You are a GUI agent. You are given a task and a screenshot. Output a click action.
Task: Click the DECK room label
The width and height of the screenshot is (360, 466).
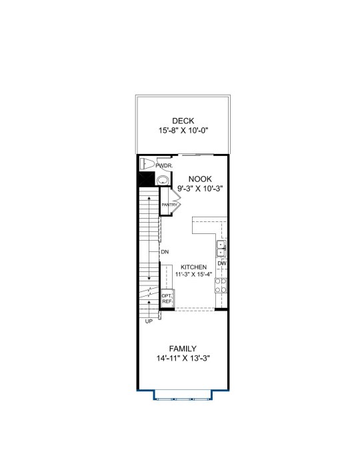tap(183, 121)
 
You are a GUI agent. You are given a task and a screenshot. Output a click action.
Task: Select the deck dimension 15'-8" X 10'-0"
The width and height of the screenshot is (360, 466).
tap(183, 131)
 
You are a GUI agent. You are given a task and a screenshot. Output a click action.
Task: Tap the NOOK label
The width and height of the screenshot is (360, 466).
tap(200, 179)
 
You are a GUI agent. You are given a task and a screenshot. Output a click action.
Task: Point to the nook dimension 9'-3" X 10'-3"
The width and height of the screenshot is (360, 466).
tap(200, 189)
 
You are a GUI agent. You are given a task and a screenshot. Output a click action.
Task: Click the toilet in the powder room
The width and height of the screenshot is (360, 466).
tap(147, 163)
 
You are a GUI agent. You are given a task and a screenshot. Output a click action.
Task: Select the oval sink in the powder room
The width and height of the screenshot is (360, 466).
tap(162, 180)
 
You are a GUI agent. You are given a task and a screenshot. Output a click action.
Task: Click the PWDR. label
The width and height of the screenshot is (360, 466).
tap(164, 166)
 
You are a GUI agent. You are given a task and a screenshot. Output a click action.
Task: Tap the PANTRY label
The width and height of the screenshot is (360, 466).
tap(169, 205)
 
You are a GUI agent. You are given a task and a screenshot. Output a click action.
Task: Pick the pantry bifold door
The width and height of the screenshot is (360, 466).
tap(175, 201)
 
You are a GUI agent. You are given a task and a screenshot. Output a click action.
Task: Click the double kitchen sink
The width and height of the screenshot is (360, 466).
tap(221, 249)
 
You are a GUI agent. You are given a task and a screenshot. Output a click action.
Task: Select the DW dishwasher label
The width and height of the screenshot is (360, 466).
tap(222, 263)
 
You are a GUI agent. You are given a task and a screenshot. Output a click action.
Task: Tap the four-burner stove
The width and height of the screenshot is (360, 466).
tap(221, 285)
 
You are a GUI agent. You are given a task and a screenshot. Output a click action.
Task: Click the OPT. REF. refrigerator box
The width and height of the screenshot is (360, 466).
tap(167, 299)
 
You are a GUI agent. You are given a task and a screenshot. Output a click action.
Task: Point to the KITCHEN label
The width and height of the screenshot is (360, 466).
tap(193, 267)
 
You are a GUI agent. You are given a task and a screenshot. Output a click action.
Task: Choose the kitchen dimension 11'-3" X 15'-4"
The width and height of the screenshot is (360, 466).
tap(193, 274)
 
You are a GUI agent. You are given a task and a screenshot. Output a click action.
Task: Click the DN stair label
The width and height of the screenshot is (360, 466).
tap(165, 252)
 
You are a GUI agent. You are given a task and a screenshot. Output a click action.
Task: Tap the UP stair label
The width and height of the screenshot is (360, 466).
tap(149, 321)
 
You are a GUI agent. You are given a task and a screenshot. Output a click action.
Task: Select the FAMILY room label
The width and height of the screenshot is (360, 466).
tap(183, 349)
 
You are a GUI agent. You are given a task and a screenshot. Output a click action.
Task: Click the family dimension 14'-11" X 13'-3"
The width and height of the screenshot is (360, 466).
tap(183, 359)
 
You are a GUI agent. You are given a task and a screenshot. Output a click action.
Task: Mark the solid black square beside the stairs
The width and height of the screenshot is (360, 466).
tap(146, 179)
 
